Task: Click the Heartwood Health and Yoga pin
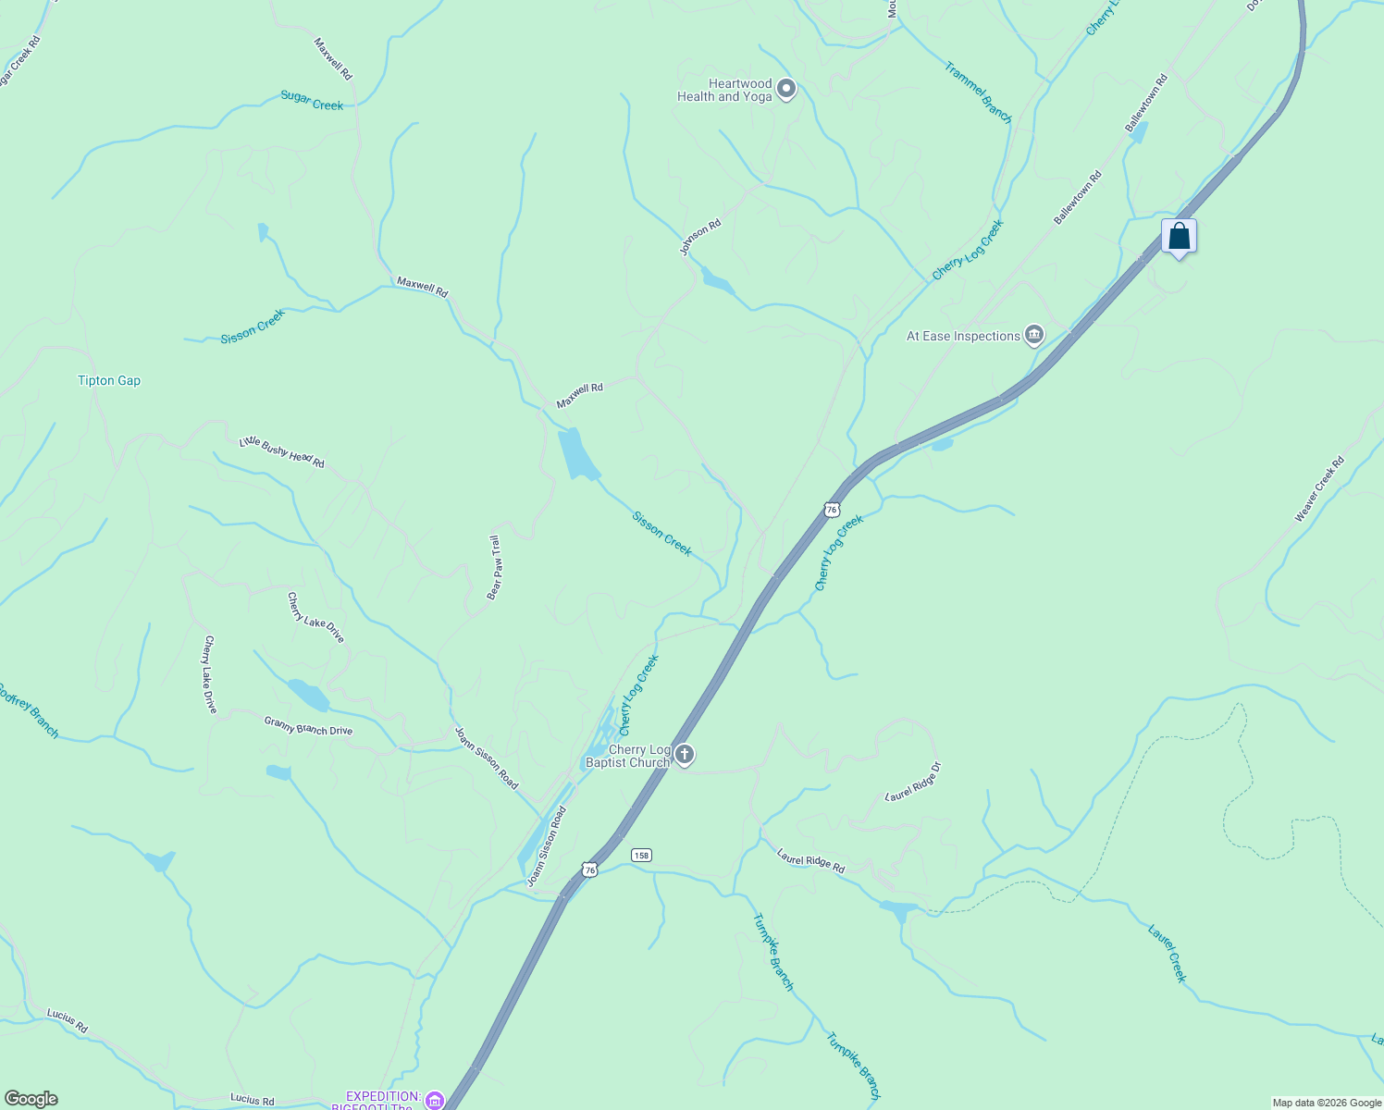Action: (x=786, y=90)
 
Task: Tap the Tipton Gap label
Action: (x=109, y=380)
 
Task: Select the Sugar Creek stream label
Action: (x=312, y=101)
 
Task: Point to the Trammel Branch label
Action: (x=978, y=92)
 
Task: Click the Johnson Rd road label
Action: (x=699, y=238)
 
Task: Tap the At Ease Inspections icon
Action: (x=1034, y=336)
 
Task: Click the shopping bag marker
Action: (x=1179, y=237)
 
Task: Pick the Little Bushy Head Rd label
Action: (x=282, y=451)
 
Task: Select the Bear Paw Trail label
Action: (x=495, y=567)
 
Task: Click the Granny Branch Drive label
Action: (x=308, y=726)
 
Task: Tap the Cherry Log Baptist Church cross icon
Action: (x=684, y=755)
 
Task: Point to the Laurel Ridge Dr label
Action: (x=913, y=782)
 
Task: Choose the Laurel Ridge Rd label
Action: (x=810, y=861)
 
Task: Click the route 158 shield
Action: (x=641, y=855)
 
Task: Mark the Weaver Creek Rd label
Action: (x=1319, y=488)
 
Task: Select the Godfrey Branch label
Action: (x=29, y=710)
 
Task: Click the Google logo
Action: (x=31, y=1099)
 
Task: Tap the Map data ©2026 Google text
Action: (x=1327, y=1103)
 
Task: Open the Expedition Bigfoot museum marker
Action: (x=434, y=1100)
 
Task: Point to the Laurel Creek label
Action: (x=1167, y=953)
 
